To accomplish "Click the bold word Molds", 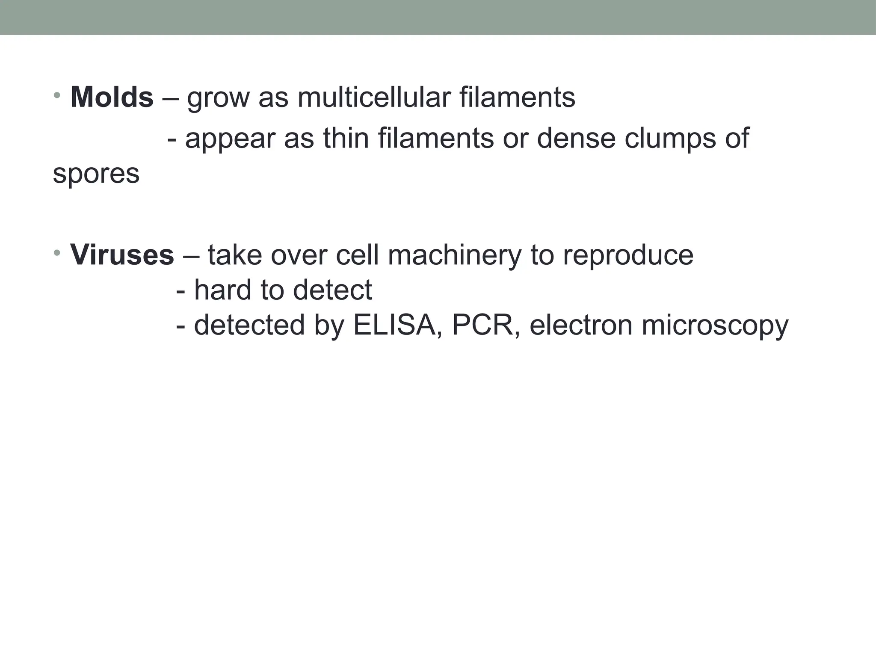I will click(x=112, y=98).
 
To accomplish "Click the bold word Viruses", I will click(x=122, y=255).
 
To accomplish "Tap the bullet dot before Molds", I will click(x=57, y=95).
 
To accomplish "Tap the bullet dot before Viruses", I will click(x=57, y=252).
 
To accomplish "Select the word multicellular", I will click(x=374, y=98).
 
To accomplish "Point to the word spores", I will click(x=96, y=174).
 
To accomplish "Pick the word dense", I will click(x=575, y=139).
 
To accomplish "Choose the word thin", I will click(x=346, y=139).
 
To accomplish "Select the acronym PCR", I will click(x=486, y=325).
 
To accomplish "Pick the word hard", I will click(x=222, y=290).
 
